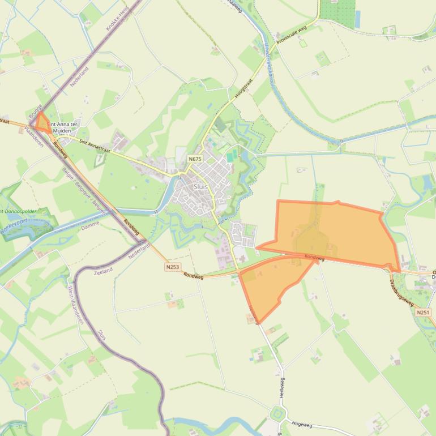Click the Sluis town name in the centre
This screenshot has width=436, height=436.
(200, 186)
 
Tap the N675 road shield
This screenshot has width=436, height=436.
(194, 159)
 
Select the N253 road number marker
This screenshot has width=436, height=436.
(173, 266)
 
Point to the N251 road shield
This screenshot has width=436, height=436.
(422, 312)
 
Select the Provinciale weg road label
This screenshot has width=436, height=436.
(292, 35)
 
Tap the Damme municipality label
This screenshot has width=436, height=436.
(90, 224)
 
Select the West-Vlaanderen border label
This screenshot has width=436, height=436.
(75, 304)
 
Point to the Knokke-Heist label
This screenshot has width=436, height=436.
(117, 18)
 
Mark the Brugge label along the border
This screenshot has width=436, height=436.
(35, 110)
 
